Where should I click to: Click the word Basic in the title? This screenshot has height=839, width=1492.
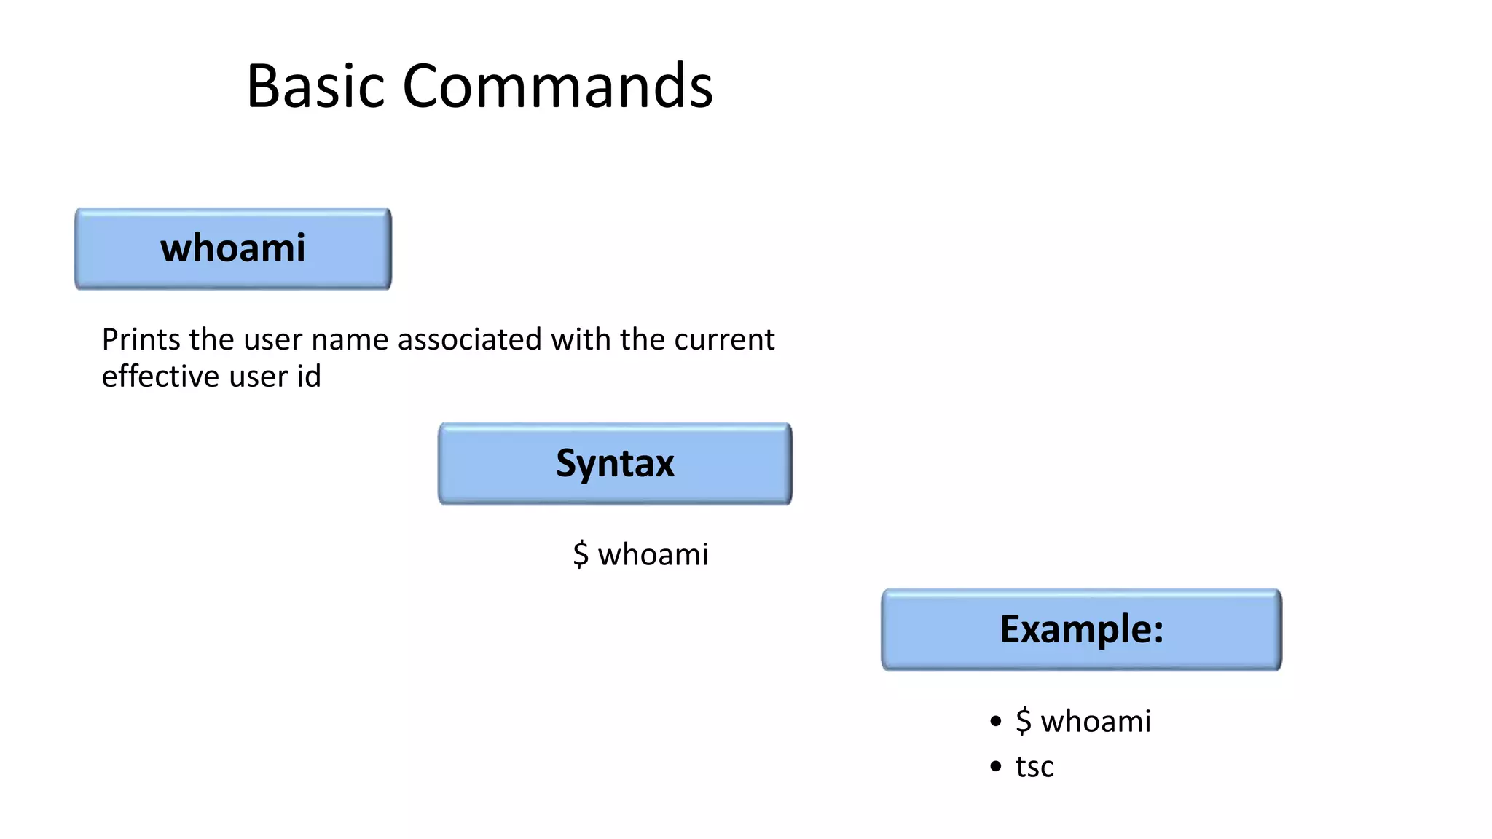click(315, 87)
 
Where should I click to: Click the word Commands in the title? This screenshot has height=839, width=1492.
click(557, 87)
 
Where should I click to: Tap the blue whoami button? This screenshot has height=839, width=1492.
click(232, 248)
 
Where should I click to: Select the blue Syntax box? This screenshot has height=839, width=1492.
click(615, 463)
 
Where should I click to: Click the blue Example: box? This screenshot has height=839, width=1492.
click(1081, 629)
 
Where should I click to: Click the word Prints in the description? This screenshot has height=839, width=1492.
click(141, 340)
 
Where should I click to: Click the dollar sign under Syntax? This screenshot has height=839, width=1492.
click(581, 555)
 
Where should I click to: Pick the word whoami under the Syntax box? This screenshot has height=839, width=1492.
click(653, 555)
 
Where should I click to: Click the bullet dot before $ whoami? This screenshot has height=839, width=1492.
click(996, 722)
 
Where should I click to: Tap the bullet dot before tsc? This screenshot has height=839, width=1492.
click(996, 766)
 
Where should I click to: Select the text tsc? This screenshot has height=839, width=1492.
click(1034, 768)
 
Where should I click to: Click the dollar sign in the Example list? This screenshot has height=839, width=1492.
click(1024, 722)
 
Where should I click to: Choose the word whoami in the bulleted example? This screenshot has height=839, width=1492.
click(1096, 722)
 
